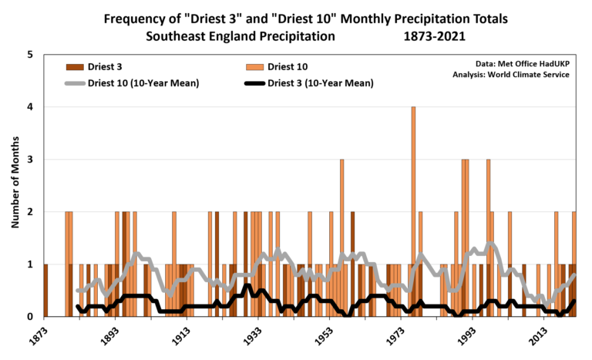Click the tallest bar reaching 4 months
[414, 211]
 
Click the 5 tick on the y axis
[30, 55]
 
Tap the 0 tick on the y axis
[30, 316]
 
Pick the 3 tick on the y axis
[30, 160]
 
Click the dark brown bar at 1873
[46, 290]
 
